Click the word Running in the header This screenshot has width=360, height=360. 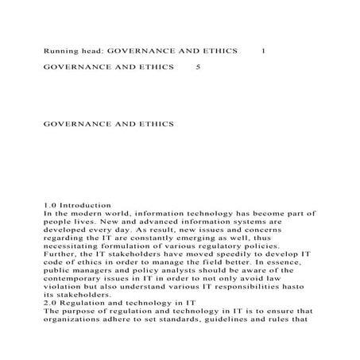click(x=60, y=51)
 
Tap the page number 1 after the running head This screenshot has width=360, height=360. click(x=264, y=51)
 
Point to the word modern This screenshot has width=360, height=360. click(x=92, y=215)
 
